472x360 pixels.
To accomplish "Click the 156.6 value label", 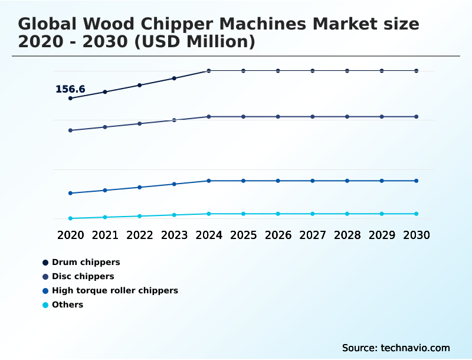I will click(x=70, y=90).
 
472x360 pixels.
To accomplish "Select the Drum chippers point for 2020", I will click(x=70, y=99).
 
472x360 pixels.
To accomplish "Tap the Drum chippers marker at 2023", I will click(x=174, y=78).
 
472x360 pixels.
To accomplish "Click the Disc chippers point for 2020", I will click(x=70, y=130).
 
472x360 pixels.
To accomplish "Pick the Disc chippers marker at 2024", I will click(x=209, y=117).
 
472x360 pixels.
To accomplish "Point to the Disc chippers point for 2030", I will click(x=417, y=117).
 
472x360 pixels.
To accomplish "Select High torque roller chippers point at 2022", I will click(x=140, y=187).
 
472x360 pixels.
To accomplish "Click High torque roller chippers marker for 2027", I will click(x=313, y=181).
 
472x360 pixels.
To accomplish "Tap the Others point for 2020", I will click(x=70, y=218).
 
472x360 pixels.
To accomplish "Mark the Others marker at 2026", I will click(x=278, y=214).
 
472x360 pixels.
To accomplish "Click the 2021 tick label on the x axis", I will click(x=105, y=235).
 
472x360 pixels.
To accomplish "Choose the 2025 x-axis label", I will click(x=243, y=235).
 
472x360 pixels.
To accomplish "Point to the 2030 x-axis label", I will click(x=417, y=235).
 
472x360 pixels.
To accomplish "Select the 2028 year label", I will click(x=347, y=235).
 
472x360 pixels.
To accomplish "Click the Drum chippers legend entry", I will click(x=86, y=262).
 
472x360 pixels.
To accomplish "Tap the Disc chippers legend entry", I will click(x=83, y=276).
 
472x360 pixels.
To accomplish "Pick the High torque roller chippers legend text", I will click(x=114, y=290).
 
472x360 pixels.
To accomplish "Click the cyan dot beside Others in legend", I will click(x=45, y=305).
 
